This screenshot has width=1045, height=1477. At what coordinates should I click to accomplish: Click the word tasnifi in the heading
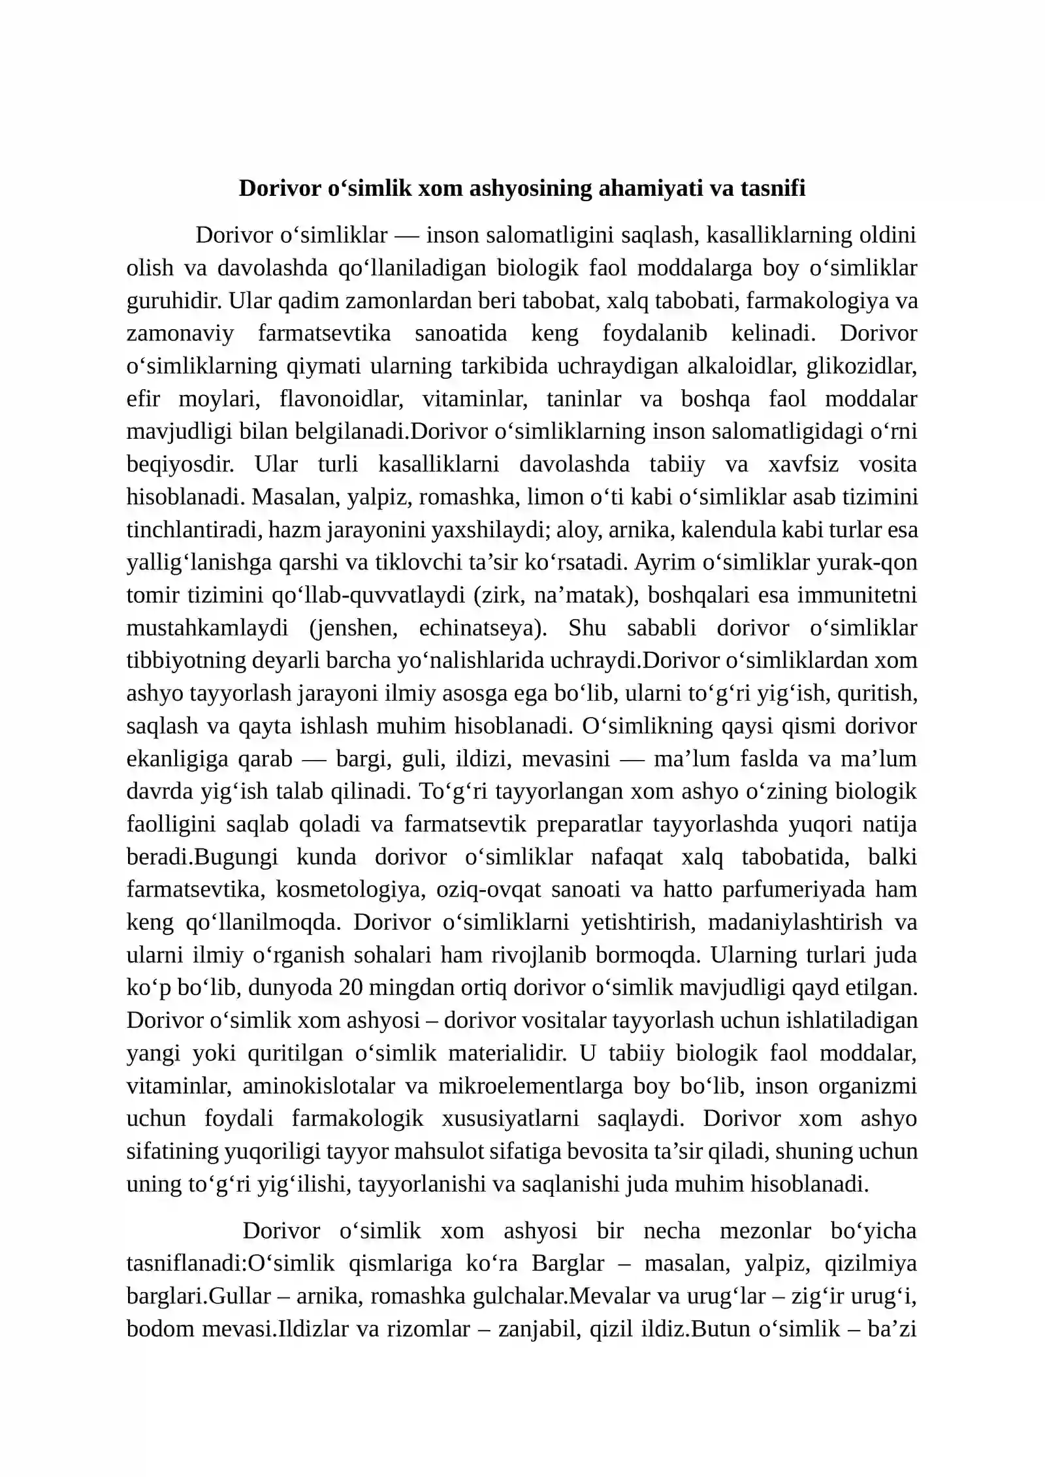[x=773, y=188]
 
